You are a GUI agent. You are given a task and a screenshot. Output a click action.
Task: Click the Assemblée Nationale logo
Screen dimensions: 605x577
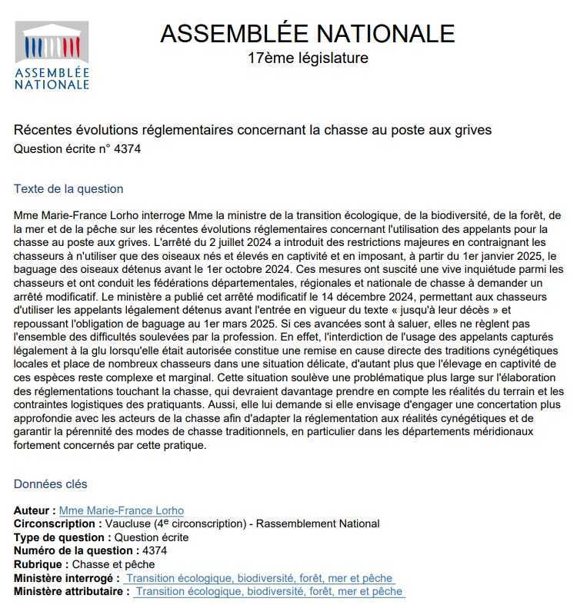click(x=52, y=55)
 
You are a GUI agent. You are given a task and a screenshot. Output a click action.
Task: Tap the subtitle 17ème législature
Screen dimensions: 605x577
click(x=308, y=58)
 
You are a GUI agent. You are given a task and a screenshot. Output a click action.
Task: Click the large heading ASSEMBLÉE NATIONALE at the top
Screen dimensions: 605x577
click(x=308, y=33)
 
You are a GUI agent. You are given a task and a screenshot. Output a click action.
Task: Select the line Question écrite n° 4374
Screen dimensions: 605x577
click(x=77, y=148)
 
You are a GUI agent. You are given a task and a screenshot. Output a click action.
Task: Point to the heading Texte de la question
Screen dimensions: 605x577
click(x=68, y=189)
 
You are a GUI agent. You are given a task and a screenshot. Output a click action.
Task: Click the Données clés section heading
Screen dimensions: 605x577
click(x=51, y=484)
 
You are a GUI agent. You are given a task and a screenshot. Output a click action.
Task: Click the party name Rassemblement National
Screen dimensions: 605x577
click(x=318, y=524)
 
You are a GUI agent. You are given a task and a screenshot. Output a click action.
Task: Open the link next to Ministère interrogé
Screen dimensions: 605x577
click(x=259, y=578)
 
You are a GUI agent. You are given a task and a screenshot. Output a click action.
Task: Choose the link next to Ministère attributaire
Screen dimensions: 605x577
click(x=268, y=592)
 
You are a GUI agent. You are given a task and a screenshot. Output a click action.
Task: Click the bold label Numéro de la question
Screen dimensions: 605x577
click(x=74, y=551)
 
